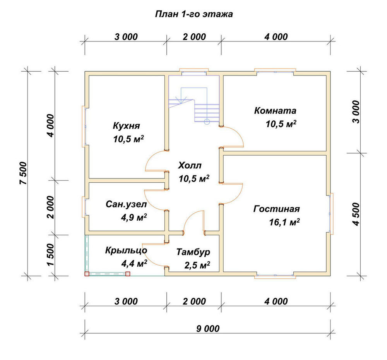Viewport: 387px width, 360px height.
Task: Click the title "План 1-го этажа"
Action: [194, 14]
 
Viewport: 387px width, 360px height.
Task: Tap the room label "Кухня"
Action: [127, 126]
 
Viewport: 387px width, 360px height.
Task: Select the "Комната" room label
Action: [275, 110]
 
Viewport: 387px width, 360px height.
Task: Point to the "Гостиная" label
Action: [276, 209]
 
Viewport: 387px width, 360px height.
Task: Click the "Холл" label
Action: [190, 165]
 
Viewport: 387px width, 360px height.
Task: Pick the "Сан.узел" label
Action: [126, 204]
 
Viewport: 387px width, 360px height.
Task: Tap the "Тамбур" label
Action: [193, 252]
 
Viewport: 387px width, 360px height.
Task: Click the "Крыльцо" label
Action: [126, 250]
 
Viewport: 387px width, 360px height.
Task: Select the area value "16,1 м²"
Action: [284, 222]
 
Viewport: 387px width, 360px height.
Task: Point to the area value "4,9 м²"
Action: [134, 217]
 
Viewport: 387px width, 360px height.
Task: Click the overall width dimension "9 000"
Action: [208, 329]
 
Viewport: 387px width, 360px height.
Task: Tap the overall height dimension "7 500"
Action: [23, 173]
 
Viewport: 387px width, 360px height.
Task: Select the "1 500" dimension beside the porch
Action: [50, 255]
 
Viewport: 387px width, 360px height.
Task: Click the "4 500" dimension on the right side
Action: [356, 214]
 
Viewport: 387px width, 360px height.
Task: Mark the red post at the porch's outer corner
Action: [87, 274]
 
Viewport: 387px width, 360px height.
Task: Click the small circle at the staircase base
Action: [207, 122]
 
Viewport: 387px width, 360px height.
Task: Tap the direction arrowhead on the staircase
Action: [181, 100]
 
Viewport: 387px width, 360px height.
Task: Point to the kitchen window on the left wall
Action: [84, 127]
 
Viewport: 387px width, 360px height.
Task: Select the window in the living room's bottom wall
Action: [275, 276]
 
